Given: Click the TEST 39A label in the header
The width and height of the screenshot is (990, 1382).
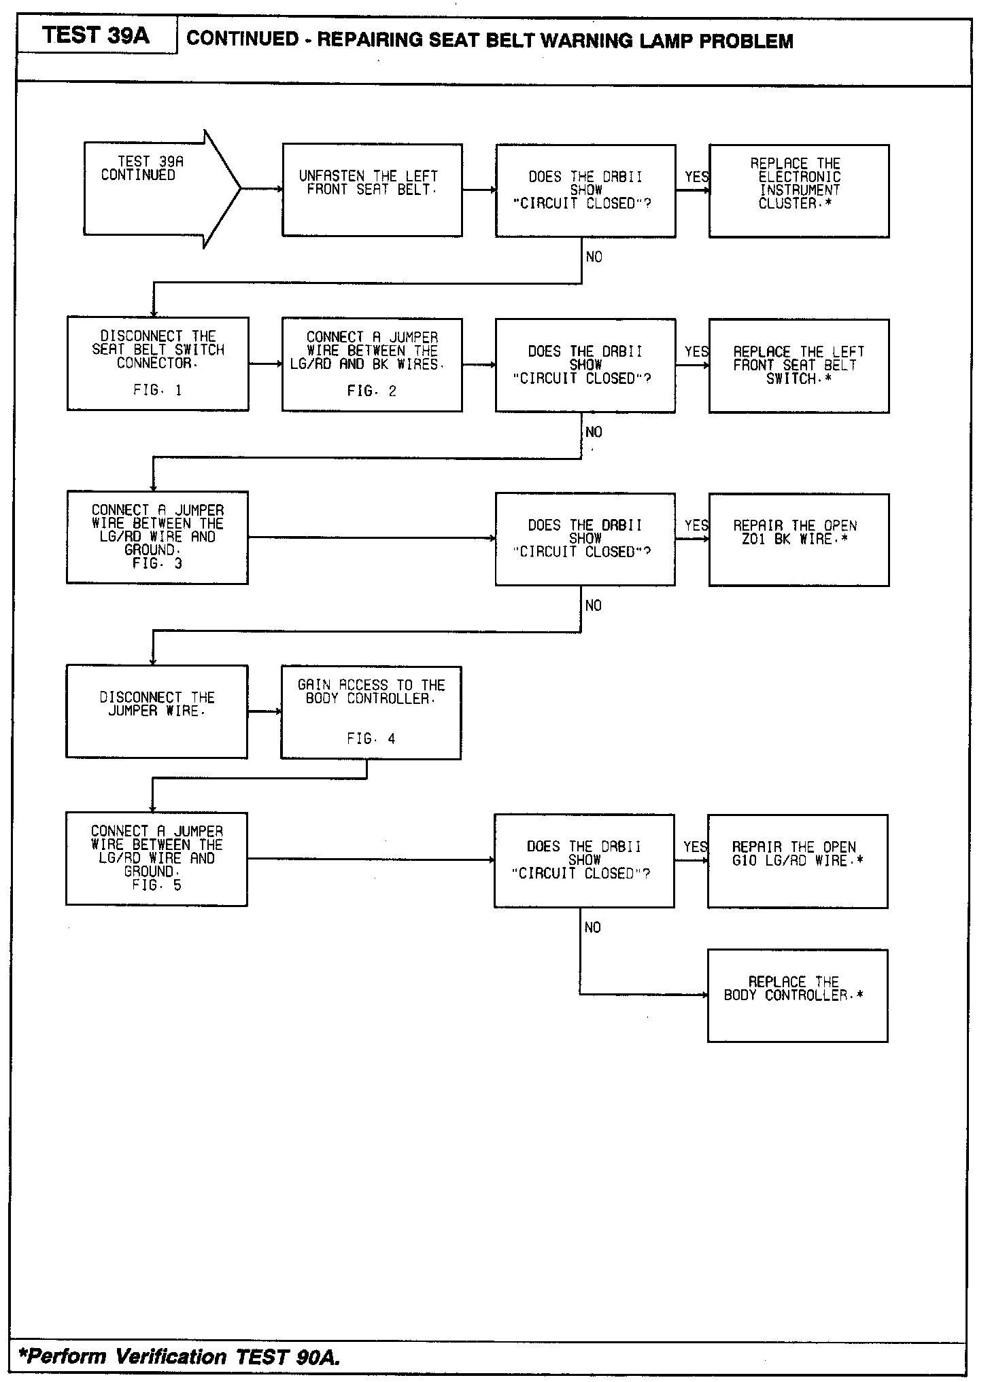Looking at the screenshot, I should [96, 35].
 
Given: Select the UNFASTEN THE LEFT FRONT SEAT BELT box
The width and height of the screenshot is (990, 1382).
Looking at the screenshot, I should [372, 190].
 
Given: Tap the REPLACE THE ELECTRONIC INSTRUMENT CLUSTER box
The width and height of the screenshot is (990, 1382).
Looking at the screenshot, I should [799, 191].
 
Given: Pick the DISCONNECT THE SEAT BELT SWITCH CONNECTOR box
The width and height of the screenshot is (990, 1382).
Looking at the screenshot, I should [158, 364].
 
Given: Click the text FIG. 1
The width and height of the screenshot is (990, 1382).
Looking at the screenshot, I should [157, 390].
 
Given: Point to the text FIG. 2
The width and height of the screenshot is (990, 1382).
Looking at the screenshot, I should [371, 391].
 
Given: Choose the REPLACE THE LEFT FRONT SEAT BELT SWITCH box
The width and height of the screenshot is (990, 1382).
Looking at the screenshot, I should [799, 366].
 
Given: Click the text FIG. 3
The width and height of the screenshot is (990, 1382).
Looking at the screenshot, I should [157, 564].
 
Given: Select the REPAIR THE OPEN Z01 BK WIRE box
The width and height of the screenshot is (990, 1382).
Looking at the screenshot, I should [799, 539].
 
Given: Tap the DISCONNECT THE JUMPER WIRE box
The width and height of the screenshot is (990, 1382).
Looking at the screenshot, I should [157, 711].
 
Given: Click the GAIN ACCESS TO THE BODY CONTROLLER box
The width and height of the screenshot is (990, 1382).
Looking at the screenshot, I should [371, 712].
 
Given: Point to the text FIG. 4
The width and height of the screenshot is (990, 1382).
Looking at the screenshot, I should [371, 739].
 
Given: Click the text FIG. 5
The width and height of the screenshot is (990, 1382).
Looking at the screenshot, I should [156, 885].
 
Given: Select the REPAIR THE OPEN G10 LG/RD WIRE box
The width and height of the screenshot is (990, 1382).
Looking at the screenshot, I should [798, 861].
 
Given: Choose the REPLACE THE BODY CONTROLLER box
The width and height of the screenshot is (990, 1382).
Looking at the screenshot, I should [798, 995].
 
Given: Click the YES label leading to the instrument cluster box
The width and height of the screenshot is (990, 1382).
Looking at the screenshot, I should [696, 177].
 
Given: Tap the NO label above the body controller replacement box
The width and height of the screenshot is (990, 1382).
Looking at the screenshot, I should [592, 927].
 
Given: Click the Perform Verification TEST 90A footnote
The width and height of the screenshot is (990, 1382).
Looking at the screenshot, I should [180, 1357].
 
